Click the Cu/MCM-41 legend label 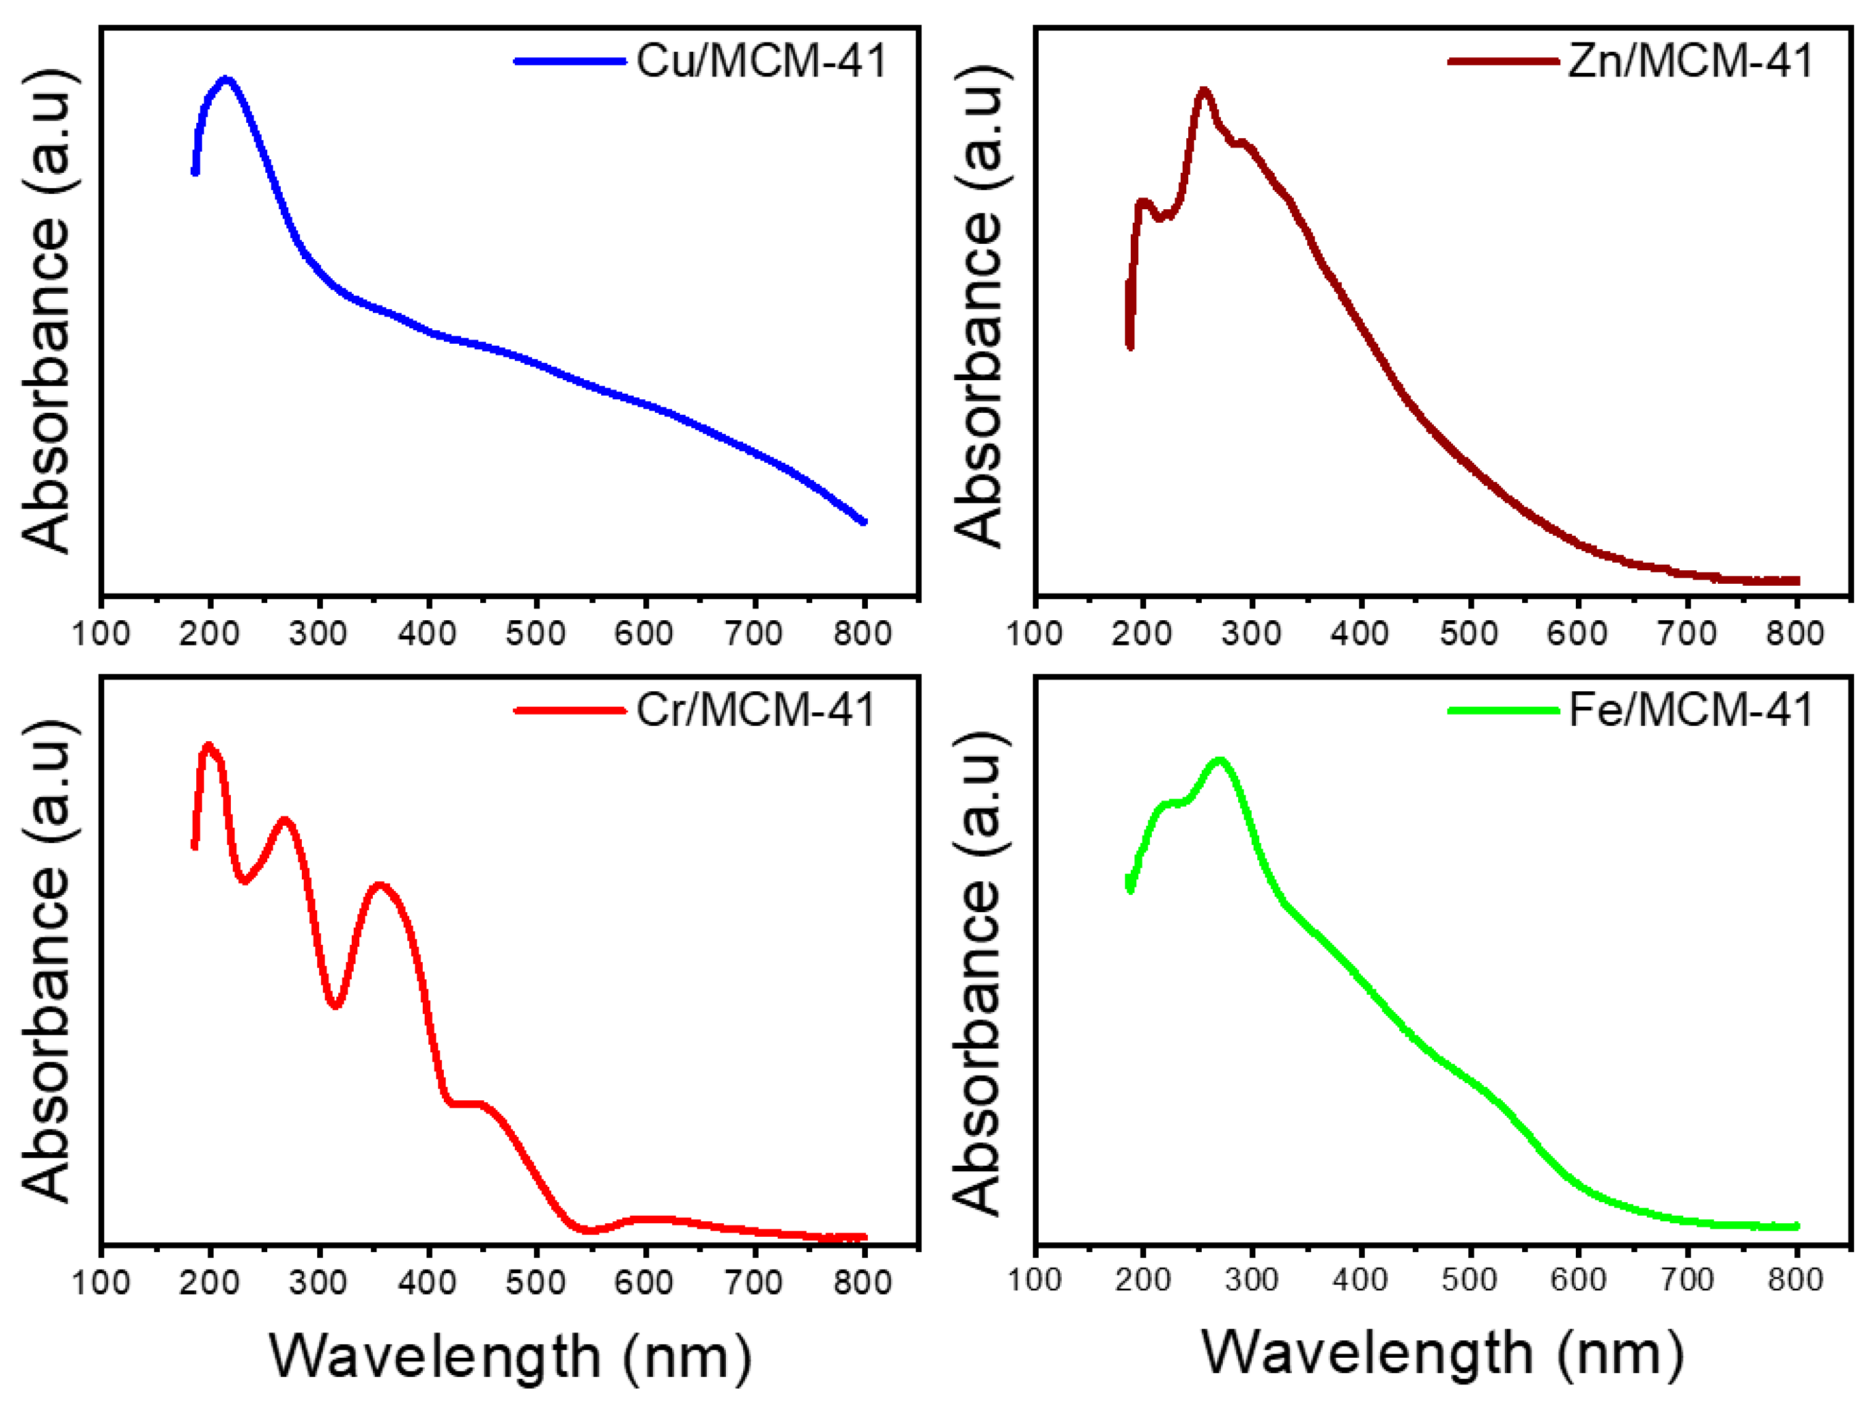760,61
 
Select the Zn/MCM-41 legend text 1690,61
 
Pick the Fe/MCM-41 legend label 1691,710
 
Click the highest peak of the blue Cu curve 225,80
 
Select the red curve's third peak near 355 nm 380,886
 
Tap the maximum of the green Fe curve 1219,760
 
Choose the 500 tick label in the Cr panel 536,1283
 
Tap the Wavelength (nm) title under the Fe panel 1443,1354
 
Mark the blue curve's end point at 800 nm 863,521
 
